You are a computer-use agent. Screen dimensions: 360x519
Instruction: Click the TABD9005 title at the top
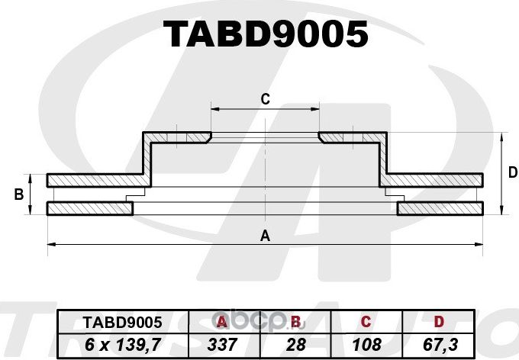pyautogui.click(x=266, y=34)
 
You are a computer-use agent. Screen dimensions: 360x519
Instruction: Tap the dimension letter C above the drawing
pyautogui.click(x=265, y=98)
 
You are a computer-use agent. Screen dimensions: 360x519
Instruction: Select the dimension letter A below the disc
pyautogui.click(x=265, y=236)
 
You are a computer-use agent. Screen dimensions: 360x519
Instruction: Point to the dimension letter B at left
pyautogui.click(x=18, y=195)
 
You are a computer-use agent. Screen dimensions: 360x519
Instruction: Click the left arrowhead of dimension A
pyautogui.click(x=50, y=244)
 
